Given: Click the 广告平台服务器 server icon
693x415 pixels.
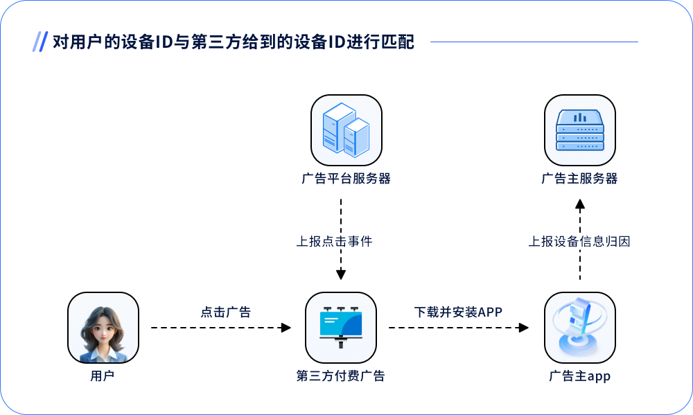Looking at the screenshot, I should point(346,130).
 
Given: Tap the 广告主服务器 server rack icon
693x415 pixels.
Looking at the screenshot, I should point(580,130).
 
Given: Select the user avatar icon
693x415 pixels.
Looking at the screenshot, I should point(103,328).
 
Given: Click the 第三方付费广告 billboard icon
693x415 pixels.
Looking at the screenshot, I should point(341,328).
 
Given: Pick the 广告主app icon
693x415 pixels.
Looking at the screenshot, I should point(580,328).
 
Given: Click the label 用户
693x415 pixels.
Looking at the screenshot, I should point(103,376).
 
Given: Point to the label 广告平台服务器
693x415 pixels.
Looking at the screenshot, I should point(346,179).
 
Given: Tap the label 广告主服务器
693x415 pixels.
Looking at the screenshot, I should point(579,179).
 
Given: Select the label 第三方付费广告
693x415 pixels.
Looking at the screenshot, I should point(340,376).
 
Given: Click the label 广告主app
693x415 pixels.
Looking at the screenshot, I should point(579,376).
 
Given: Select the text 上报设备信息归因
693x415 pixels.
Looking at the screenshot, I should point(579,241).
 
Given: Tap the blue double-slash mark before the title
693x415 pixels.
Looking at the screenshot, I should point(40,42).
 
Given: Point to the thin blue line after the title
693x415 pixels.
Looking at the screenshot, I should point(534,42).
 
